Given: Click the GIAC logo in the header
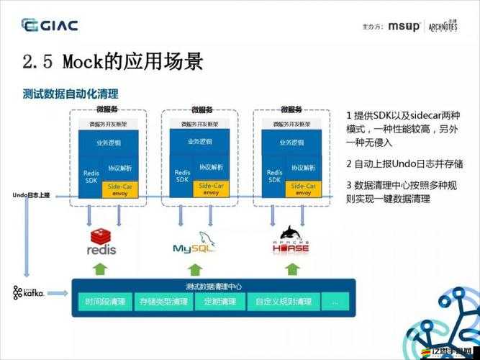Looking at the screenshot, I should click(x=50, y=26).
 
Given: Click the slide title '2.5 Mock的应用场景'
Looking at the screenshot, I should click(x=113, y=60).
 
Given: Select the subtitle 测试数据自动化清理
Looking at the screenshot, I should click(x=71, y=94).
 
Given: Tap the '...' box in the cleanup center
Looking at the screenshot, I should click(x=335, y=302).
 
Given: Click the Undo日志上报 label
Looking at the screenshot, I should click(x=32, y=195).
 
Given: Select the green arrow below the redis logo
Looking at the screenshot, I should click(x=101, y=269).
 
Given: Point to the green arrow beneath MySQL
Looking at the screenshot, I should click(x=195, y=269).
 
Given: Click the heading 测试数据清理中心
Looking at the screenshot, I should click(x=213, y=285).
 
